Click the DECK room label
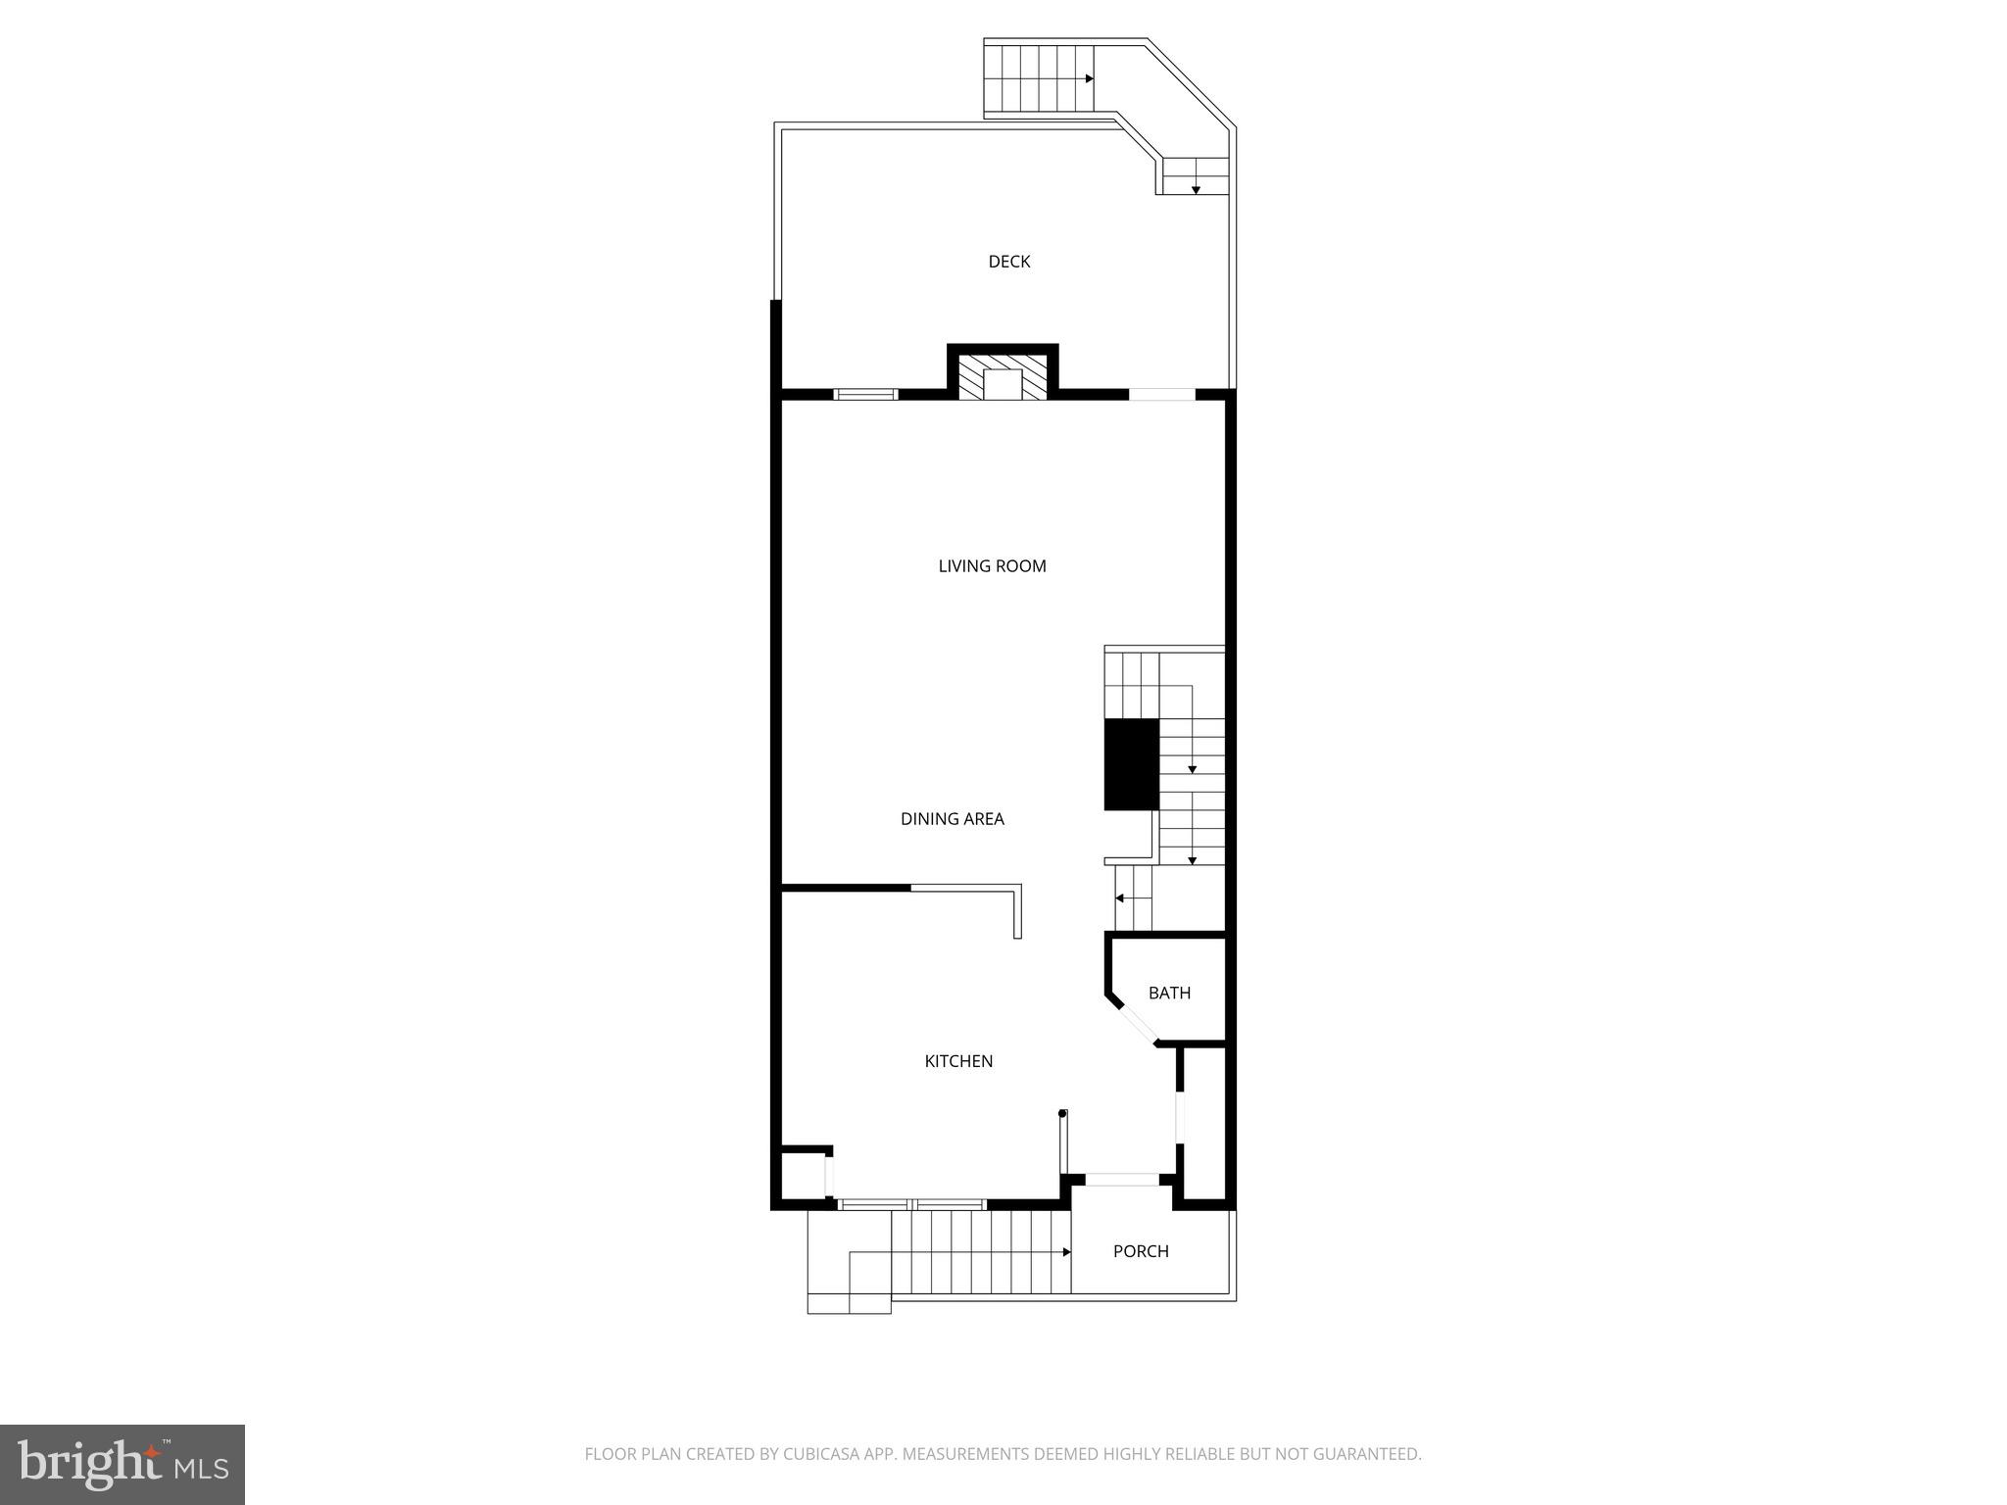point(1008,262)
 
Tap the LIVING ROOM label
point(992,566)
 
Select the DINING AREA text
point(952,819)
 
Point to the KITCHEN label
point(958,1061)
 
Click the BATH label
point(1169,994)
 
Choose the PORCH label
point(1141,1251)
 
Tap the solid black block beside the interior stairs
point(1131,764)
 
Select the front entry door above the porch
point(1121,1180)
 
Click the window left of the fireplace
point(865,395)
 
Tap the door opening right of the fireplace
point(1162,395)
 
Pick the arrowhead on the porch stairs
point(1066,1252)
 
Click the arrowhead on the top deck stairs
point(1089,78)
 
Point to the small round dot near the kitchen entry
point(1062,1113)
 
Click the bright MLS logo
point(122,1465)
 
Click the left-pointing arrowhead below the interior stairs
point(1120,898)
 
